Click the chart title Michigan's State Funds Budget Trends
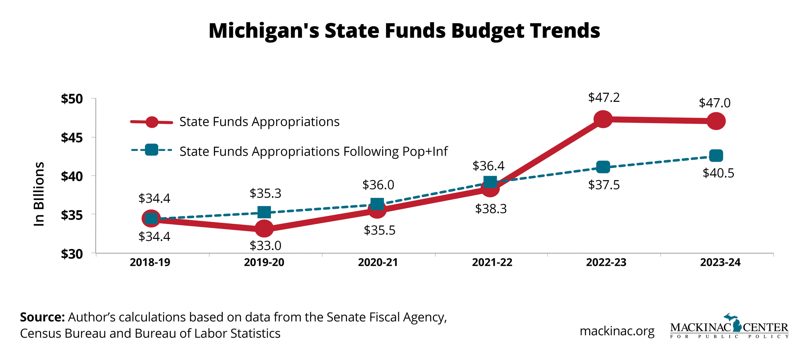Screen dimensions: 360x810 click(404, 31)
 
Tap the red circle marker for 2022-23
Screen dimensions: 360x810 click(603, 119)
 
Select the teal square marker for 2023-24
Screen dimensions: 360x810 click(716, 156)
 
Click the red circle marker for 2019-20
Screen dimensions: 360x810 click(264, 229)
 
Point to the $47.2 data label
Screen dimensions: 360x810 click(604, 98)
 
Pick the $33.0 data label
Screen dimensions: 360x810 click(265, 246)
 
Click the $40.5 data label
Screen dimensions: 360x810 click(718, 173)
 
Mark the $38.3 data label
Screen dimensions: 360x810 click(491, 209)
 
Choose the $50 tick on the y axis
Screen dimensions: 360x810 click(72, 99)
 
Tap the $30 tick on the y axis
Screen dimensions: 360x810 click(72, 254)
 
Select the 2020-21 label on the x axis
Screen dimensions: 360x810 click(378, 262)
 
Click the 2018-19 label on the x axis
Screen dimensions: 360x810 click(150, 262)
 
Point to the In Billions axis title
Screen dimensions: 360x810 click(39, 194)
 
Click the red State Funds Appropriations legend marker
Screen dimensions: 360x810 click(152, 122)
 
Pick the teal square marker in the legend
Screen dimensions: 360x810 click(152, 150)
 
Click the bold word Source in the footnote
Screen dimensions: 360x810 click(42, 317)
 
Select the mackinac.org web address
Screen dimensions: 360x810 click(617, 331)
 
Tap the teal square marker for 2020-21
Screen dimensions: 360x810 click(377, 204)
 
